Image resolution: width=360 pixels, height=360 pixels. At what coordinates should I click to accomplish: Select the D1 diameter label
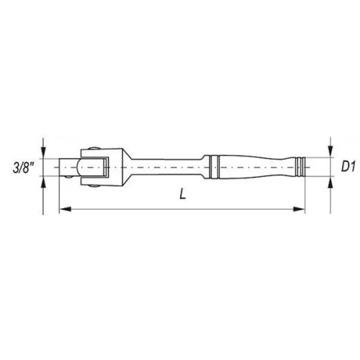coord(348,167)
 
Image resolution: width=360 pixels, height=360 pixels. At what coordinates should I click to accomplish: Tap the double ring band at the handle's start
coord(211,167)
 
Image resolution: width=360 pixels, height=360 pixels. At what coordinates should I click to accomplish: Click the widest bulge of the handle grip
coord(238,167)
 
